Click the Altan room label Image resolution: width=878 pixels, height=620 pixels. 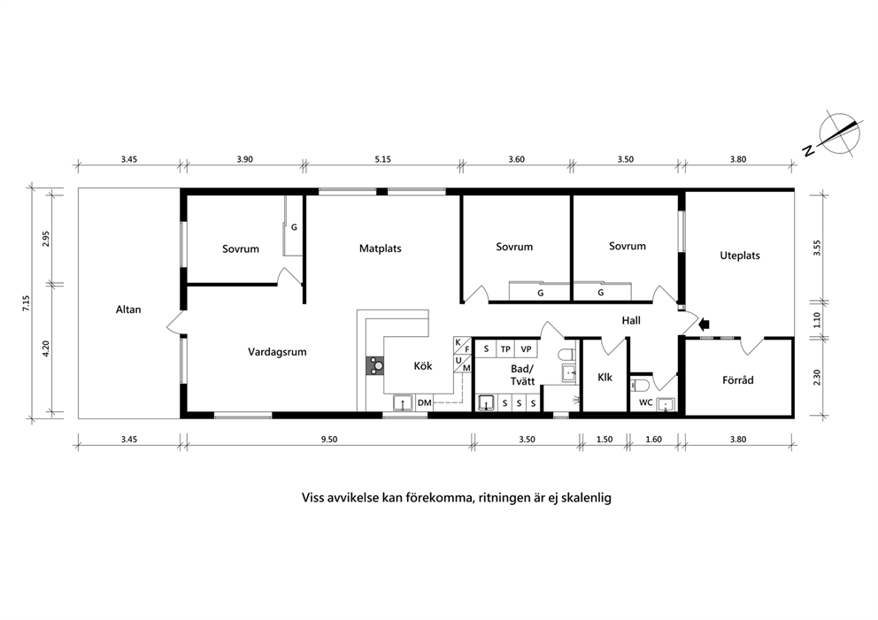[x=128, y=310]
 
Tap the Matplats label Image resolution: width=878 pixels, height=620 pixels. [x=381, y=249]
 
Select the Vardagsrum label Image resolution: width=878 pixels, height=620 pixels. [x=277, y=352]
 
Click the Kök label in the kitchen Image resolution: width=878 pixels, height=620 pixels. [x=423, y=366]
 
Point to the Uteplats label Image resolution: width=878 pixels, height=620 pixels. [x=740, y=256]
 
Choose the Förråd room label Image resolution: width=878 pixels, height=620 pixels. [x=737, y=380]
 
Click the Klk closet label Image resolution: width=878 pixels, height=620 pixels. [x=605, y=377]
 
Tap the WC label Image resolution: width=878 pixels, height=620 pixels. [x=645, y=402]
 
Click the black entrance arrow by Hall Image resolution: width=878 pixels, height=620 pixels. [x=705, y=324]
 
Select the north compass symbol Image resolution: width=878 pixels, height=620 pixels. [x=838, y=134]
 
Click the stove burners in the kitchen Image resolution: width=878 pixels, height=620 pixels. [x=375, y=366]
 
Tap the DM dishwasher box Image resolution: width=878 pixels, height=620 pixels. [x=425, y=402]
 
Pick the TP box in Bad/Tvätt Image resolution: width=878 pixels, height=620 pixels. [x=505, y=349]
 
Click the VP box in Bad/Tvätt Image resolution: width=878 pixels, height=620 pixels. [x=527, y=349]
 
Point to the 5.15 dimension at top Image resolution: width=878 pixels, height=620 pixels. [x=383, y=159]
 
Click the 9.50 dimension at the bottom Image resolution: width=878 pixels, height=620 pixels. [x=329, y=440]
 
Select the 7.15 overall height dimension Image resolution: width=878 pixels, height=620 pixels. [x=27, y=302]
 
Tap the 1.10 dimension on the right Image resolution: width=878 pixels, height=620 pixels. [x=816, y=320]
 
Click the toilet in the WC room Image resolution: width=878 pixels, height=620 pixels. [x=639, y=385]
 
